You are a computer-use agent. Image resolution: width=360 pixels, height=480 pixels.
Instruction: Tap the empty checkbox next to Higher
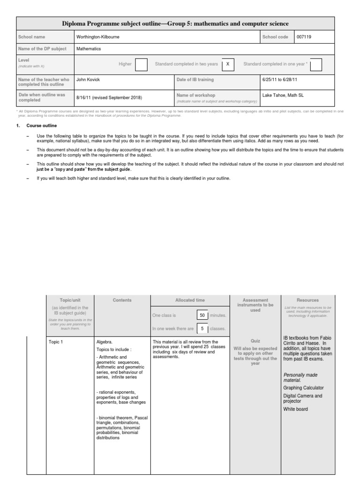pyautogui.click(x=141, y=64)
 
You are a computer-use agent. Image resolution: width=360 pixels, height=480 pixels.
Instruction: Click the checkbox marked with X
pyautogui.click(x=227, y=64)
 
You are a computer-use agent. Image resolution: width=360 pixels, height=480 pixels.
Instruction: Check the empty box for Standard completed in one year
pyautogui.click(x=316, y=64)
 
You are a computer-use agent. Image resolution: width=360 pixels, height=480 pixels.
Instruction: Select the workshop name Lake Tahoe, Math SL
pyautogui.click(x=283, y=95)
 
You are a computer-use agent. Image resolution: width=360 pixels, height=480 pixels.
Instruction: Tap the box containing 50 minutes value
pyautogui.click(x=202, y=315)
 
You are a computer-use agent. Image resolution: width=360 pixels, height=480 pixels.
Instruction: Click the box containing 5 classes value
pyautogui.click(x=202, y=329)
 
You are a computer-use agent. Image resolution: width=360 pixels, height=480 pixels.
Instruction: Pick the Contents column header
pyautogui.click(x=122, y=300)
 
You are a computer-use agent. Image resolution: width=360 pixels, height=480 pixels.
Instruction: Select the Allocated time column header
pyautogui.click(x=190, y=300)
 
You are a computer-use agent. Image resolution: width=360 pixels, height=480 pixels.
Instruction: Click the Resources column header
pyautogui.click(x=307, y=300)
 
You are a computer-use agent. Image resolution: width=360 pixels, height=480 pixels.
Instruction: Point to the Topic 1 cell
pyautogui.click(x=55, y=342)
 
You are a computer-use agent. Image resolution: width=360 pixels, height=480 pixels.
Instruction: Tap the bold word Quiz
pyautogui.click(x=255, y=341)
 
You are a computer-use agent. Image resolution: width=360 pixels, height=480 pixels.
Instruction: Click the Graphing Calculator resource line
pyautogui.click(x=303, y=388)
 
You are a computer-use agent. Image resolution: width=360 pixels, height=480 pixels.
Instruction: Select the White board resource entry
pyautogui.click(x=295, y=409)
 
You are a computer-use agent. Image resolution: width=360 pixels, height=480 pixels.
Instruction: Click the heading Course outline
pyautogui.click(x=42, y=126)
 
